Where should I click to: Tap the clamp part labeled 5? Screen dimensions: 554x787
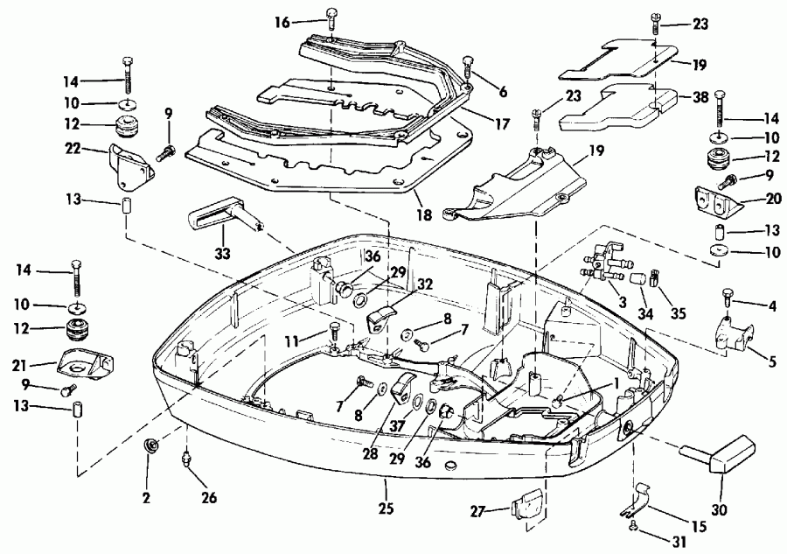pyautogui.click(x=730, y=334)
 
